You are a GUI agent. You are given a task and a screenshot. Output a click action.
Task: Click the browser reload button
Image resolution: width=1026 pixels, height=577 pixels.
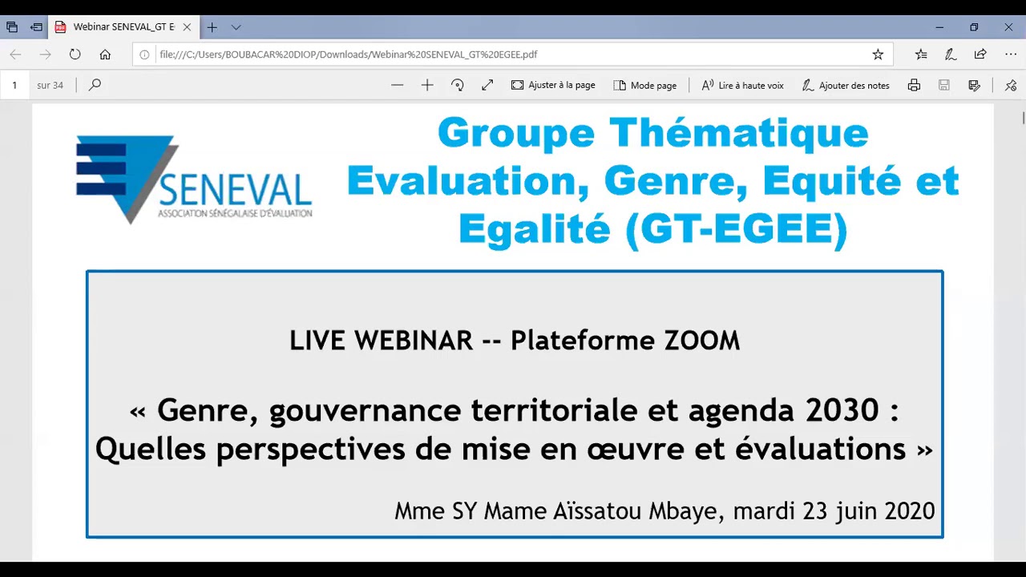[75, 54]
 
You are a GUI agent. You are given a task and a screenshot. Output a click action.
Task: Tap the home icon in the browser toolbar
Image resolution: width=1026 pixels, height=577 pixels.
[105, 54]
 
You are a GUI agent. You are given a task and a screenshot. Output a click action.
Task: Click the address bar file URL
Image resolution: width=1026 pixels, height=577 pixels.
[349, 54]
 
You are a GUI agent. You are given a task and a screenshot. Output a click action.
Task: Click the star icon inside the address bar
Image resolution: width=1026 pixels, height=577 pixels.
[878, 54]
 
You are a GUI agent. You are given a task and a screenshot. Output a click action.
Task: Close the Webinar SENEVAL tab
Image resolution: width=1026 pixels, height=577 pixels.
[187, 27]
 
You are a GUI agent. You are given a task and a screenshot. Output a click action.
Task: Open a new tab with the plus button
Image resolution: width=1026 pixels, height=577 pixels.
[212, 27]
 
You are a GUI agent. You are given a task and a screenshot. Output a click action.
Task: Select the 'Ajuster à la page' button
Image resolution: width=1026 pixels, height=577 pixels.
[553, 85]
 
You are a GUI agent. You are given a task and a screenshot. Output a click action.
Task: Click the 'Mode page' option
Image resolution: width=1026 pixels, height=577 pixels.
[644, 85]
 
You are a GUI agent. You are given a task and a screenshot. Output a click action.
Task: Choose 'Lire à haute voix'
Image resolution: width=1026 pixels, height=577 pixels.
[742, 85]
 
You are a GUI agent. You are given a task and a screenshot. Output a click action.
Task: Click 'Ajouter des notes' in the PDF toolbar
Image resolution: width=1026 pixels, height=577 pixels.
[846, 85]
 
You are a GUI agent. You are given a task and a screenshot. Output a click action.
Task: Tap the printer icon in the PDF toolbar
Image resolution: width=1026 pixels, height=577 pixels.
[914, 85]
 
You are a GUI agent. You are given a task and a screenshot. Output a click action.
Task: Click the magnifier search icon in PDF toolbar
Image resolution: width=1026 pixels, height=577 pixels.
[95, 85]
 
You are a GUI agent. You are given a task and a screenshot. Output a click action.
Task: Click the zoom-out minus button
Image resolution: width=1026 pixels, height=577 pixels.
[397, 85]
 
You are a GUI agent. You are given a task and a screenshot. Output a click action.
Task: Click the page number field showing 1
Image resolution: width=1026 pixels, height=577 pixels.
[14, 85]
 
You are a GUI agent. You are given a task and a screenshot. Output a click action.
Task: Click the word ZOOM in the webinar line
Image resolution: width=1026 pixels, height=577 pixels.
[702, 341]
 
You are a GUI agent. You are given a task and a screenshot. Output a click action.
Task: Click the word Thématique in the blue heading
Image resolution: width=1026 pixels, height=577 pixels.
[738, 133]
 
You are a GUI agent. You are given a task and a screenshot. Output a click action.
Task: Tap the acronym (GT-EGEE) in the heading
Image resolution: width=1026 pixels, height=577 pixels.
[735, 230]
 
